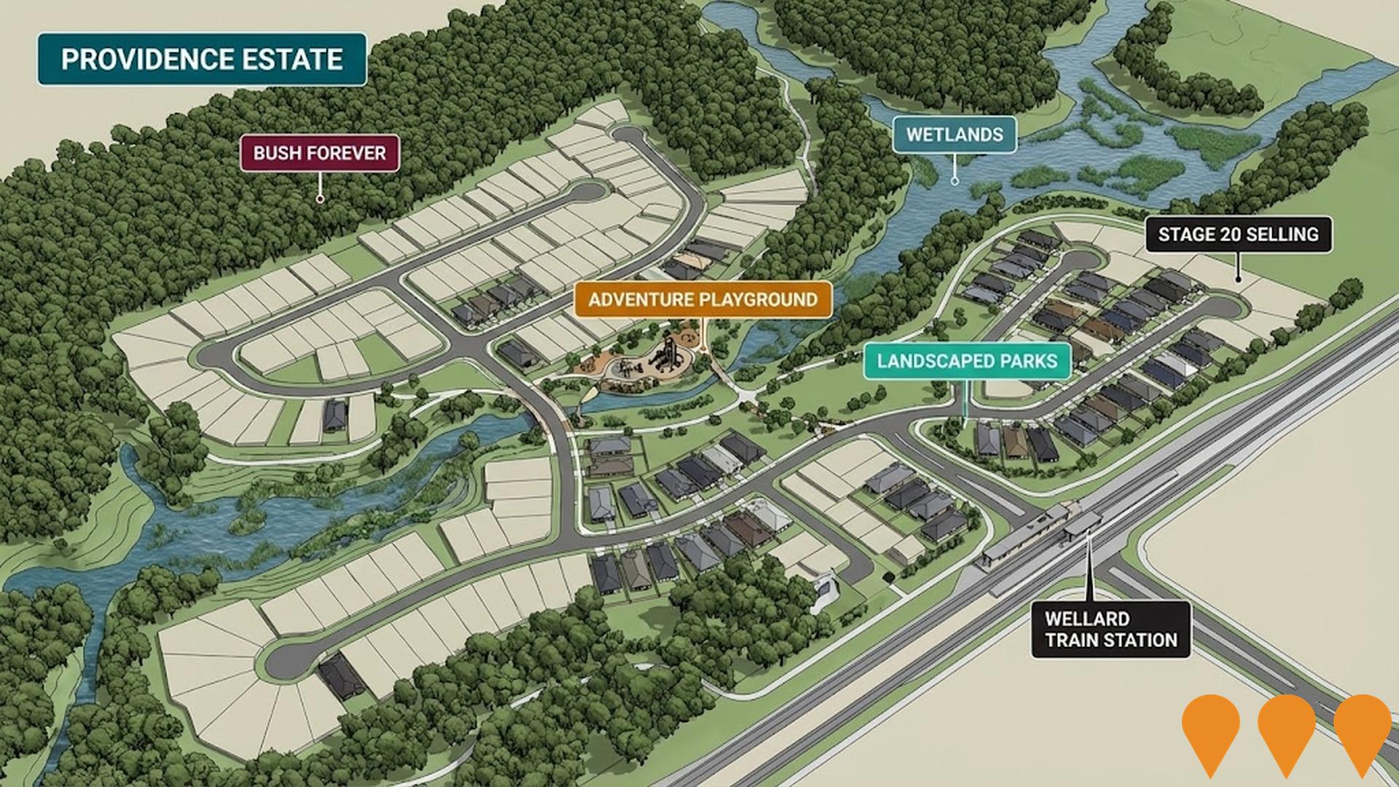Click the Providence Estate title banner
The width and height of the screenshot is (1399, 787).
coord(202,59)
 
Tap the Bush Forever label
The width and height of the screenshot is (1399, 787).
coord(319,153)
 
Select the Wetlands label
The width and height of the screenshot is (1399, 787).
coord(955,135)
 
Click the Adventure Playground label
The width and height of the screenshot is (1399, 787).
coord(702,299)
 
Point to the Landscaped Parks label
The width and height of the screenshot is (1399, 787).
coord(967,361)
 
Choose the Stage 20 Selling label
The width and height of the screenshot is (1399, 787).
coord(1238,235)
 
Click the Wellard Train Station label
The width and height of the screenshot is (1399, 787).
coord(1110,630)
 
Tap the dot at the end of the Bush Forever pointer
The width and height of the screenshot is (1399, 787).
coord(319,198)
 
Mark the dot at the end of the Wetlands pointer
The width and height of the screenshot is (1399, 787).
coord(955,181)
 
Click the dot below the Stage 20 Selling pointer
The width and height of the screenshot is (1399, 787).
coord(1238,278)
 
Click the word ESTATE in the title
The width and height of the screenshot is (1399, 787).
coord(295,59)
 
